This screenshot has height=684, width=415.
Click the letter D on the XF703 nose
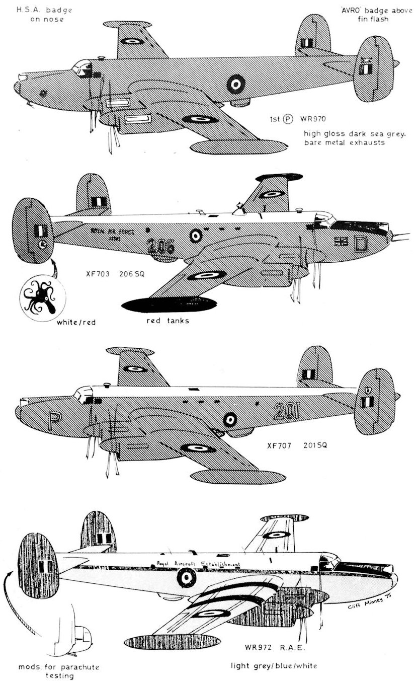(x=360, y=243)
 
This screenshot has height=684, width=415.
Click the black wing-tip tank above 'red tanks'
(x=169, y=306)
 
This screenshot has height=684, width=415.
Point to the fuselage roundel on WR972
(x=187, y=579)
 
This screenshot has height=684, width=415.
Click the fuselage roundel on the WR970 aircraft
(x=235, y=83)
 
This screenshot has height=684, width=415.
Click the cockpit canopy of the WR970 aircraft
(x=81, y=66)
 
